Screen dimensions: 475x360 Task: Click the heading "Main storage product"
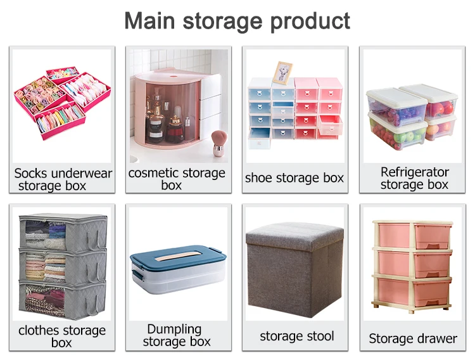point(237,20)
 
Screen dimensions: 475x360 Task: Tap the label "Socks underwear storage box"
point(63,179)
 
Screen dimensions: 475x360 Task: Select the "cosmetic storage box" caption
point(177,179)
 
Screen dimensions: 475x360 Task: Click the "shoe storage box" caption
point(294,178)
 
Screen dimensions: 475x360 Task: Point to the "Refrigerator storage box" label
point(414,178)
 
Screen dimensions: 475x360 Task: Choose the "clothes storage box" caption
point(62,336)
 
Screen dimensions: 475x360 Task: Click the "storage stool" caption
point(296,337)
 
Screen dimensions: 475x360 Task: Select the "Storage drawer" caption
point(412,338)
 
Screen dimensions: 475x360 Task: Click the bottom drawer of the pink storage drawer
point(412,291)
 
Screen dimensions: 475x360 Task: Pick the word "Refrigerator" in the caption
point(414,172)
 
